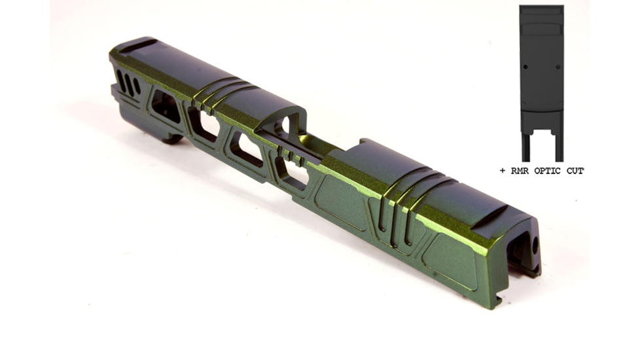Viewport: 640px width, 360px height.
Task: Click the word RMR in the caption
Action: pyautogui.click(x=520, y=171)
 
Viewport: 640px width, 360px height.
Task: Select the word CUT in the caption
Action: pyautogui.click(x=575, y=171)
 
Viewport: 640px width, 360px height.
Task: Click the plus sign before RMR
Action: pyautogui.click(x=503, y=171)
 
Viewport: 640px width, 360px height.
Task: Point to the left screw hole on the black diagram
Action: pyautogui.click(x=525, y=67)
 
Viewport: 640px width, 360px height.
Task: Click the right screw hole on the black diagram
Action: pyautogui.click(x=558, y=67)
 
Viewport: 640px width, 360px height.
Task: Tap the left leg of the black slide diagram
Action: pyautogui.click(x=525, y=148)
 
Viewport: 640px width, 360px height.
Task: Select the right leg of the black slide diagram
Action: pyautogui.click(x=559, y=148)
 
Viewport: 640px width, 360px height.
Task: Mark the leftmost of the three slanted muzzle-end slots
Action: pyautogui.click(x=121, y=81)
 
